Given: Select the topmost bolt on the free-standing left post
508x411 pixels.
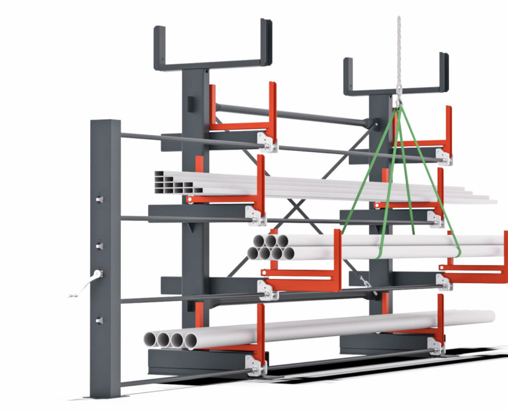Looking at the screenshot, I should point(100,199).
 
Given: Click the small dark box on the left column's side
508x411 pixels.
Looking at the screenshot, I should point(191,103).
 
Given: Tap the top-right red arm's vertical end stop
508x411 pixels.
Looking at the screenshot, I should point(448,126).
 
